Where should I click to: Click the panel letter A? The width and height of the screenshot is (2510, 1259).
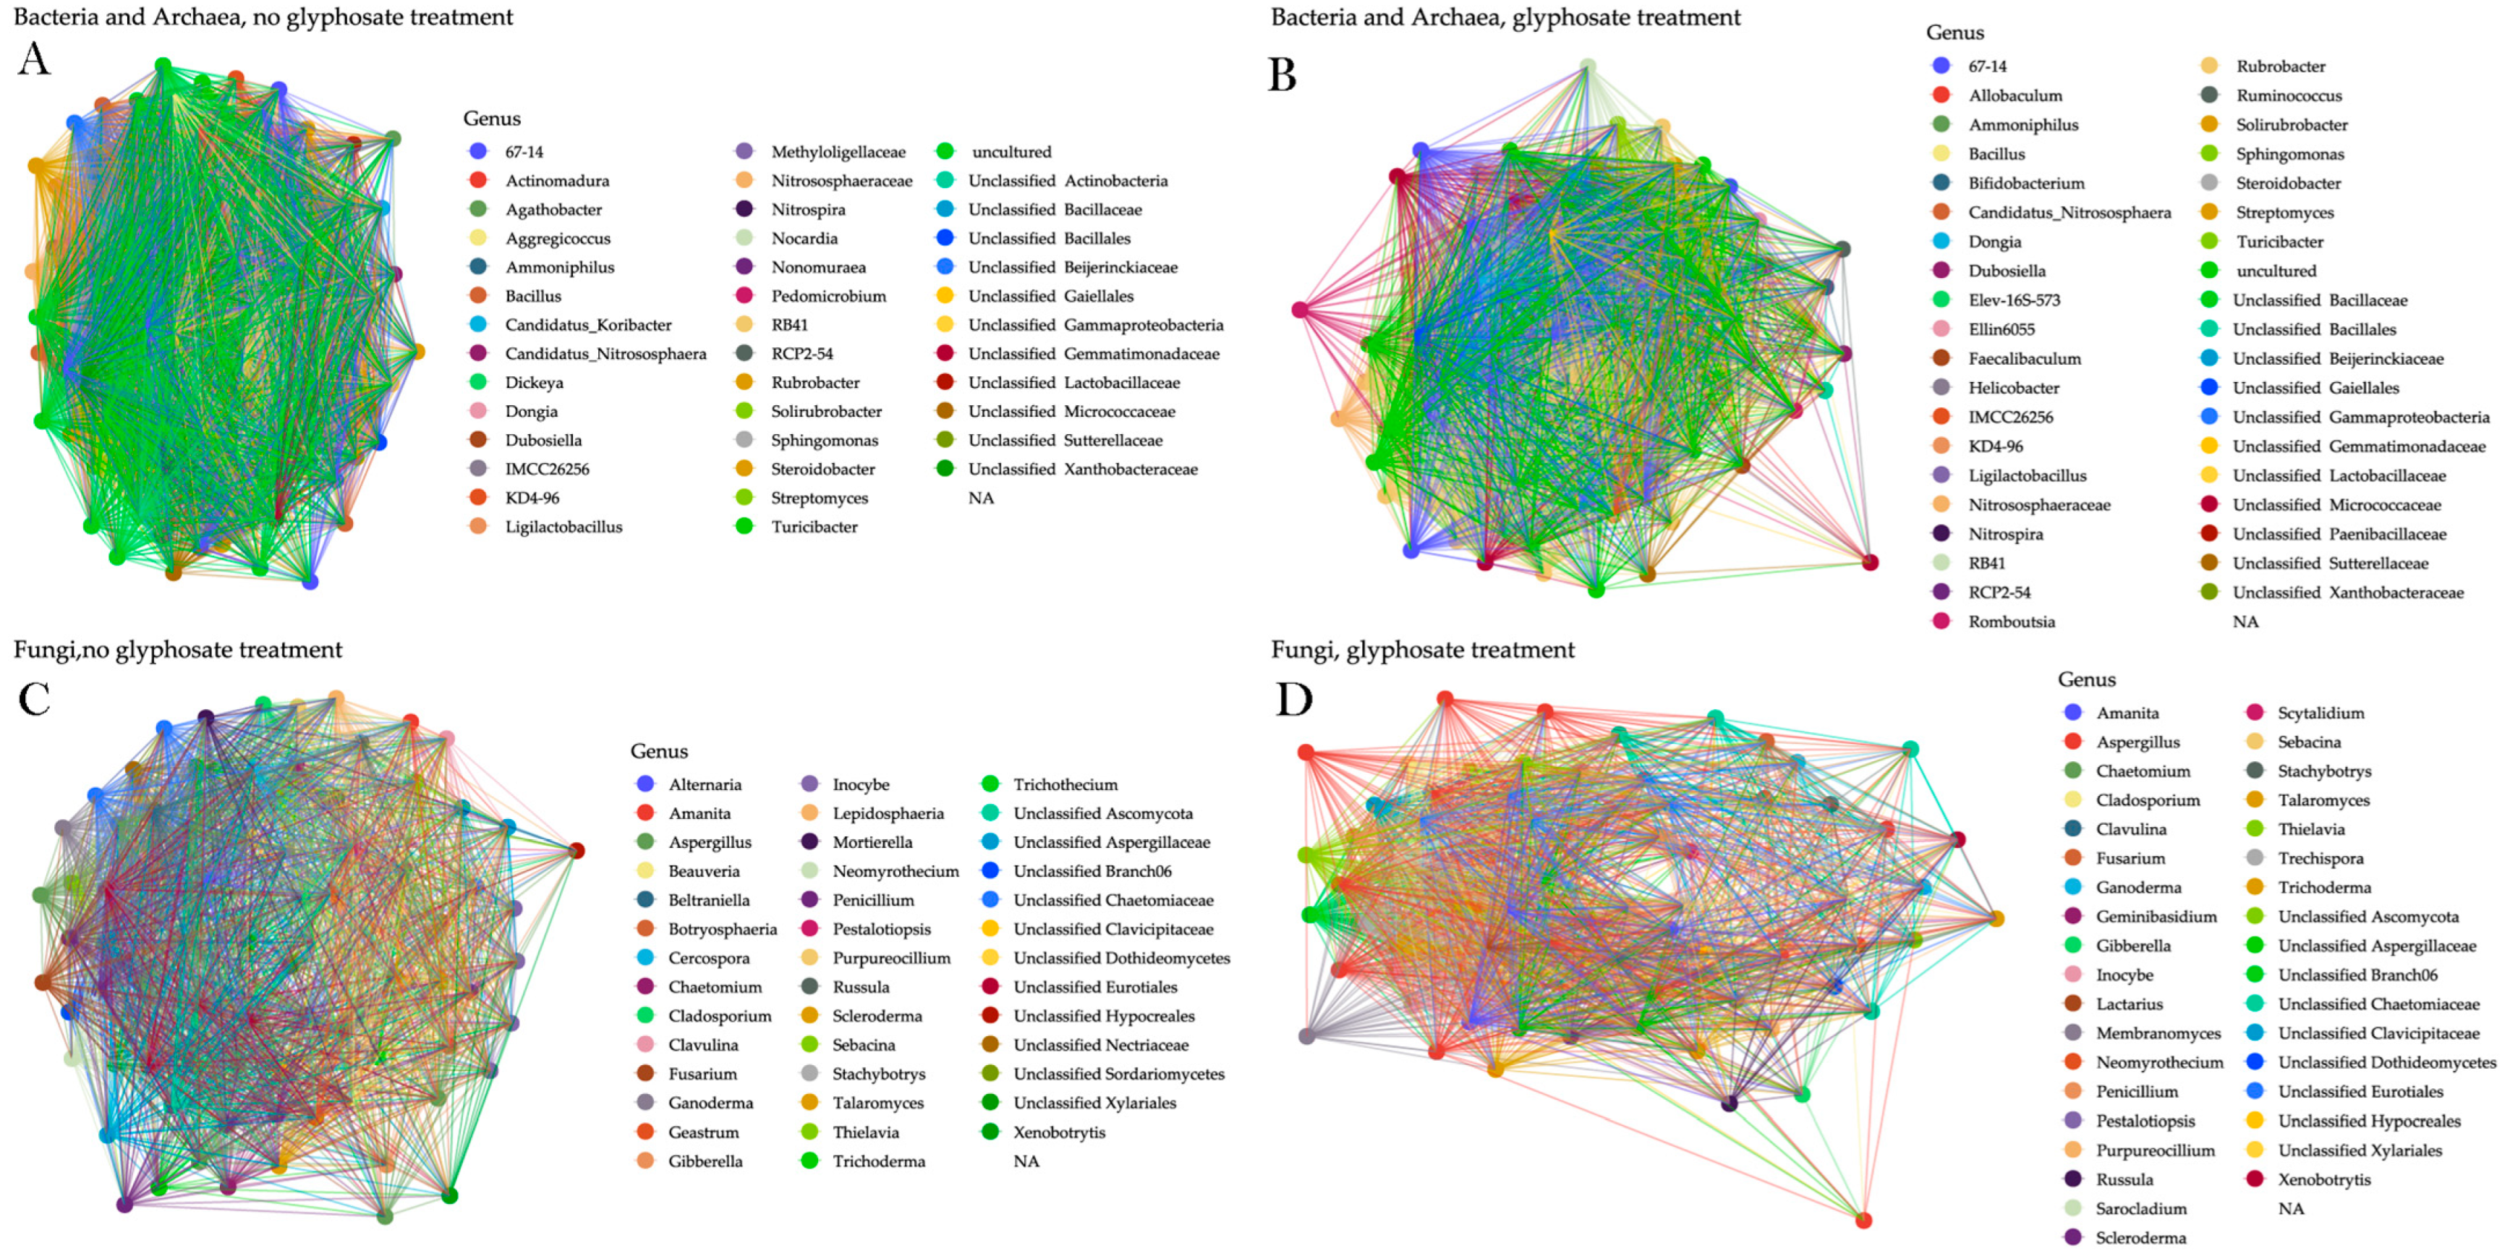[34, 59]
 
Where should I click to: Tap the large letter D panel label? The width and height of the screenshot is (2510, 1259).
[1294, 699]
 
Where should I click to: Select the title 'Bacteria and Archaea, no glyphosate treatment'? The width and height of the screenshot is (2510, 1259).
[263, 17]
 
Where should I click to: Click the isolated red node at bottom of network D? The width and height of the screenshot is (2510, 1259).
[1863, 1220]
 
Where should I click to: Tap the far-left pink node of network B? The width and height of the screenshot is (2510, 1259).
[1300, 310]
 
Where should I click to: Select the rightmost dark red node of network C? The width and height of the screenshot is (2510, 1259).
[577, 851]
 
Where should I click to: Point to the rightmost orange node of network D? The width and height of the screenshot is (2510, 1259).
[1996, 919]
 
